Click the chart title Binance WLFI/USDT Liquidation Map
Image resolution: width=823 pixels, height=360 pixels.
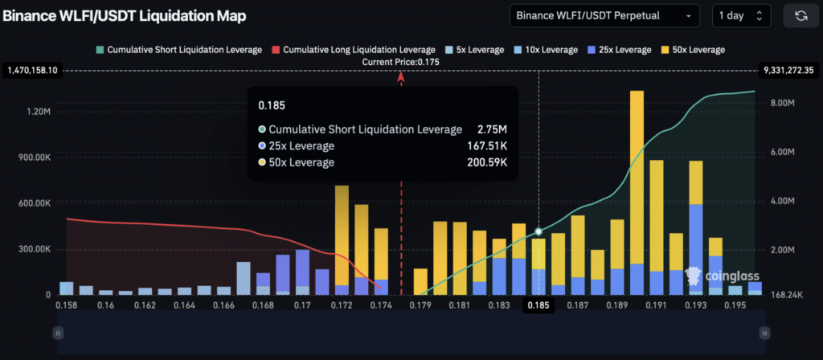(x=125, y=16)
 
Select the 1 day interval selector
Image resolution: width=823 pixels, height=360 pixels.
(x=741, y=15)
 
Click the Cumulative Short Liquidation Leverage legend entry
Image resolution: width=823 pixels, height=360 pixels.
(x=178, y=50)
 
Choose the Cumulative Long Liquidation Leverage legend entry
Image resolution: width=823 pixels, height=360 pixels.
(x=352, y=50)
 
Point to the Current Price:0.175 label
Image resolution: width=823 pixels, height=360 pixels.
(x=401, y=63)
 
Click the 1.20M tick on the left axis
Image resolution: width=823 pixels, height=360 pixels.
(x=38, y=112)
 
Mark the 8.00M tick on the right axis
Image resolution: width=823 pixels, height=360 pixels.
(x=784, y=104)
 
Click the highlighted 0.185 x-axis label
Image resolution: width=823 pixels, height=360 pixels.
(x=538, y=305)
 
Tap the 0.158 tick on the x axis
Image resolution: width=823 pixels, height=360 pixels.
(x=67, y=305)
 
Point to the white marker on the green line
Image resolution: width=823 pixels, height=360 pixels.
(x=538, y=231)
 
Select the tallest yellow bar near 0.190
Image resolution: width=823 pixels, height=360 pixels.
(x=637, y=177)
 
